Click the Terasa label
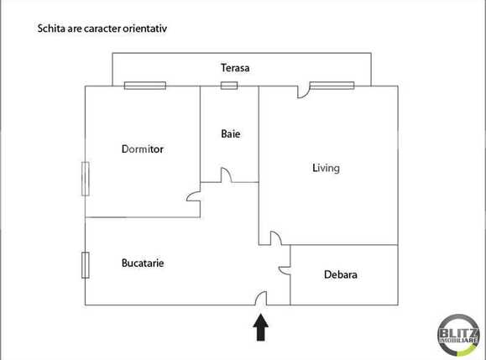pyautogui.click(x=235, y=67)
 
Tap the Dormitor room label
pyautogui.click(x=142, y=149)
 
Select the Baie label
pyautogui.click(x=231, y=133)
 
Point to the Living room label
pyautogui.click(x=326, y=168)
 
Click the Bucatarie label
pyautogui.click(x=143, y=263)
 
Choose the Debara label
pyautogui.click(x=340, y=274)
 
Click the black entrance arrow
pyautogui.click(x=261, y=326)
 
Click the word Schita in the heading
pyautogui.click(x=52, y=28)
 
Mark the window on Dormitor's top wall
pyautogui.click(x=144, y=86)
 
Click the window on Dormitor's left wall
pyautogui.click(x=85, y=178)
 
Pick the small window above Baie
pyautogui.click(x=228, y=86)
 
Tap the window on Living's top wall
pyautogui.click(x=331, y=86)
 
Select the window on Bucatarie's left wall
pyautogui.click(x=85, y=264)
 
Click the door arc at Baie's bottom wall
pyautogui.click(x=227, y=175)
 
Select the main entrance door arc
pyautogui.click(x=261, y=298)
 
